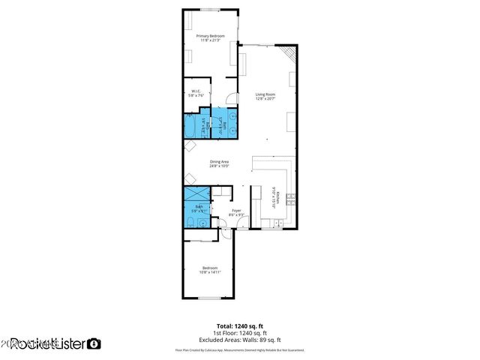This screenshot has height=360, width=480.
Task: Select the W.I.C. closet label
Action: pyautogui.click(x=195, y=91)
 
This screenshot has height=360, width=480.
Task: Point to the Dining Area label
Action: pyautogui.click(x=219, y=161)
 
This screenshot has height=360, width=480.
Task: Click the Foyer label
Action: pyautogui.click(x=236, y=211)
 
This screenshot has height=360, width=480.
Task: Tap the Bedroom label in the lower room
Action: pyautogui.click(x=210, y=268)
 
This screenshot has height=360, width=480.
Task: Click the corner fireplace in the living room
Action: pyautogui.click(x=289, y=54)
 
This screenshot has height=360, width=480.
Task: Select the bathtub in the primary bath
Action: pyautogui.click(x=192, y=126)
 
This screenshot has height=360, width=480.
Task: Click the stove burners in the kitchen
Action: pyautogui.click(x=290, y=199)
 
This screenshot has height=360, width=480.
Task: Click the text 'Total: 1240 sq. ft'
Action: pyautogui.click(x=239, y=325)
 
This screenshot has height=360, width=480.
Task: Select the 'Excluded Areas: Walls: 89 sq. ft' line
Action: pyautogui.click(x=239, y=340)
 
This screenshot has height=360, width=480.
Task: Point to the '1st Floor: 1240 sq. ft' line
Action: pyautogui.click(x=239, y=333)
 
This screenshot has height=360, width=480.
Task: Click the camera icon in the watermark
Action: pyautogui.click(x=94, y=344)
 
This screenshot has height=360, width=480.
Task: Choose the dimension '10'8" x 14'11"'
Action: pyautogui.click(x=210, y=272)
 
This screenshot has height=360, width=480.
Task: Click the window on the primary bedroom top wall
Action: pyautogui.click(x=211, y=10)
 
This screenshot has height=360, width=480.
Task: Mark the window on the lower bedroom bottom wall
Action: pyautogui.click(x=209, y=298)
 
